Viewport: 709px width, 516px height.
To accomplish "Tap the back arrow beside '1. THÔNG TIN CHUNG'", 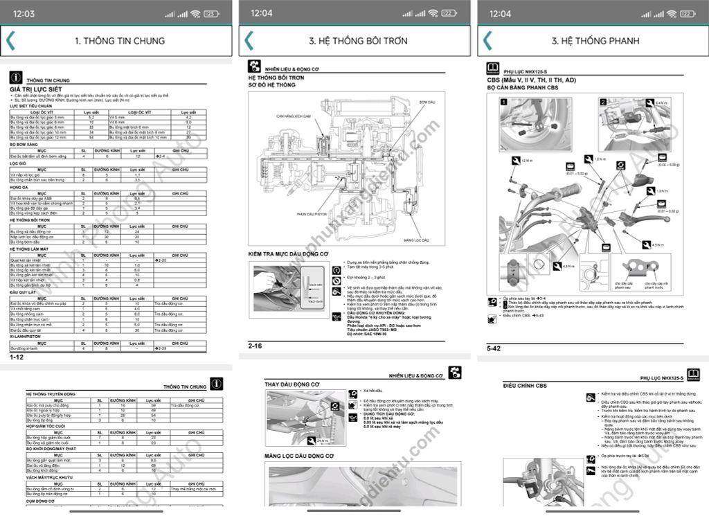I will click(x=10, y=41).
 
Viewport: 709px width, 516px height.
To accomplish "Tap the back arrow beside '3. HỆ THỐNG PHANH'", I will click(x=487, y=41).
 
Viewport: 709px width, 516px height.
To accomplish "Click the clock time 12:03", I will click(x=24, y=14).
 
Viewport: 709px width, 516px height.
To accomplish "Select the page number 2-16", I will click(x=255, y=344).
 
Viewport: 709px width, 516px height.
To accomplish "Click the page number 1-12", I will click(x=17, y=358).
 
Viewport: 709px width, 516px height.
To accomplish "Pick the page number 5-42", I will click(x=494, y=348).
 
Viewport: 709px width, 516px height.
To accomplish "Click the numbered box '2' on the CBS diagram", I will click(x=603, y=102).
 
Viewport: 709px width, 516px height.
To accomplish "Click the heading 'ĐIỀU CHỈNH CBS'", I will click(x=527, y=385).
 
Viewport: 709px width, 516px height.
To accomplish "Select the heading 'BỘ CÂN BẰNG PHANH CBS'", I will click(x=523, y=89).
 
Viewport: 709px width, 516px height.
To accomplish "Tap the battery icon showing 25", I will click(x=210, y=14).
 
